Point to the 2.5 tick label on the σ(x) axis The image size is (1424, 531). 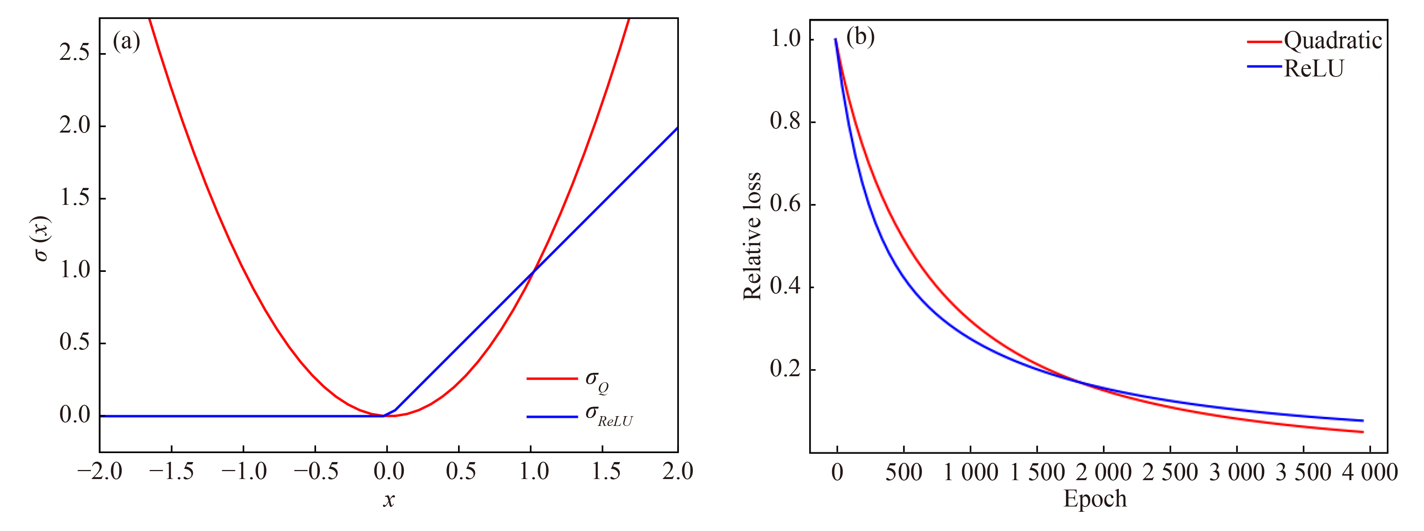tap(75, 53)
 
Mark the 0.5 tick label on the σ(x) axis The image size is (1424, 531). tap(75, 343)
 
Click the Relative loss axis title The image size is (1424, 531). tap(752, 237)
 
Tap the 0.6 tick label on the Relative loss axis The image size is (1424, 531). tap(785, 204)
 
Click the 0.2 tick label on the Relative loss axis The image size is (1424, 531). tap(785, 369)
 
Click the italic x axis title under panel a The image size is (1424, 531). tap(389, 499)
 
